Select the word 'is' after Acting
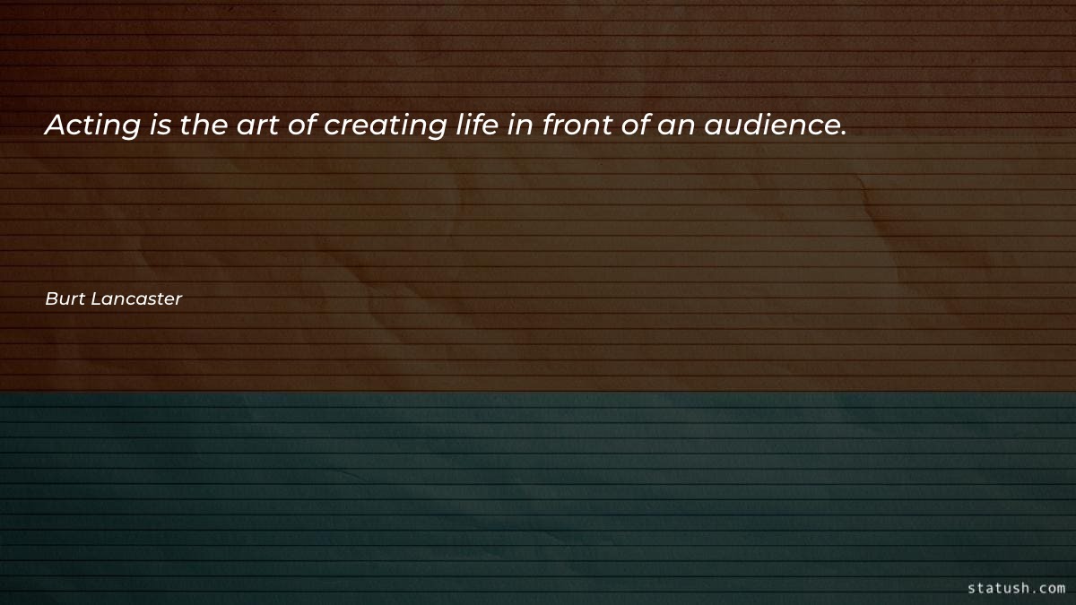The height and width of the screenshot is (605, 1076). tap(161, 126)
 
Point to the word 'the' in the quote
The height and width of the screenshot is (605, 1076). tap(204, 125)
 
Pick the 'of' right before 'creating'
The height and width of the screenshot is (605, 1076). tap(302, 125)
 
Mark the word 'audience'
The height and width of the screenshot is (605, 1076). tap(769, 125)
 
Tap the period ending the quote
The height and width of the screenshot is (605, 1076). tap(843, 135)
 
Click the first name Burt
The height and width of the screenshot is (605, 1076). tap(64, 299)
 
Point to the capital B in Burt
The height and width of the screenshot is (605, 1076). tap(51, 299)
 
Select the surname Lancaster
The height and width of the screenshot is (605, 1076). tap(135, 299)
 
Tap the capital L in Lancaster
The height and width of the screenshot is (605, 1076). tap(94, 299)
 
